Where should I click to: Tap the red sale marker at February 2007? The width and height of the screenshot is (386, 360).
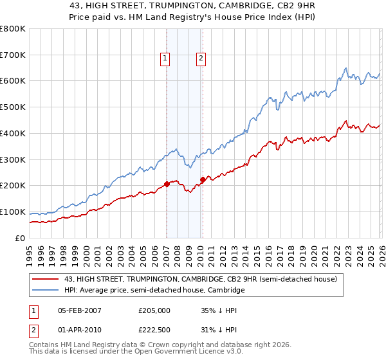167,184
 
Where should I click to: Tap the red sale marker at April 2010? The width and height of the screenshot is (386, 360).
203,179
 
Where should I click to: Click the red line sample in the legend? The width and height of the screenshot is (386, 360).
45,279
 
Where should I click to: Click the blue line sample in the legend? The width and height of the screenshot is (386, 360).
45,291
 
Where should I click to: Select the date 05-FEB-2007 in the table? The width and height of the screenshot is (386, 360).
79,310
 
